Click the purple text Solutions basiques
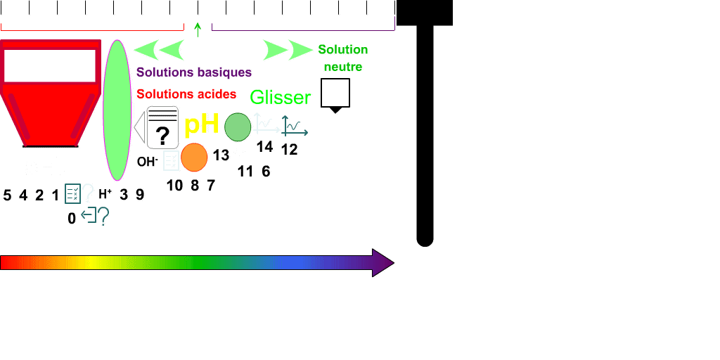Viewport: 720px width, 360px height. (194, 72)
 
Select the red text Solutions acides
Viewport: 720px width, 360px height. (186, 94)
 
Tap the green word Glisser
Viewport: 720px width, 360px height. (281, 97)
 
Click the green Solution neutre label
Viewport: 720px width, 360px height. (343, 58)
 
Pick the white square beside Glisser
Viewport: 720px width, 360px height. (335, 93)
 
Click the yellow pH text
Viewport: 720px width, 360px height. (201, 125)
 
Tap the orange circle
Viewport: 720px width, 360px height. (194, 157)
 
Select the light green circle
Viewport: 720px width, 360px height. (238, 127)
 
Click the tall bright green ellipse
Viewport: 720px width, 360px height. (117, 110)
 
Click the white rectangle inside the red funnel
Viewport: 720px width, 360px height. (50, 65)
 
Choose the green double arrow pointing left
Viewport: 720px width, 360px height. (159, 50)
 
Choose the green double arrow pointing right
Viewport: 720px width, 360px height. (288, 50)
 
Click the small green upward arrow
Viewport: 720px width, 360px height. (198, 29)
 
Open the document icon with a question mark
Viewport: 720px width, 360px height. (162, 127)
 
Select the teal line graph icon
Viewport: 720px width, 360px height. (295, 126)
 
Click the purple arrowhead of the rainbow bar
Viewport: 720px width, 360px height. (382, 262)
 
